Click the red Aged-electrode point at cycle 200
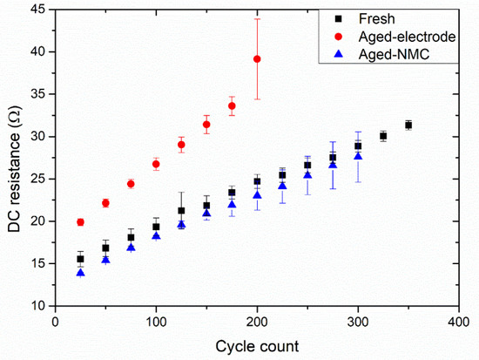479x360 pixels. (x=257, y=58)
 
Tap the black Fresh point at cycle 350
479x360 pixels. (x=408, y=125)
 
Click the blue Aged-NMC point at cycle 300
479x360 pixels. (x=358, y=156)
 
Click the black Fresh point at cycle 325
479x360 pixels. (x=383, y=136)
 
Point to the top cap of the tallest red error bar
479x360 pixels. (x=257, y=18)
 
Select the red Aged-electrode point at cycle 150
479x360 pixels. (x=206, y=124)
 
